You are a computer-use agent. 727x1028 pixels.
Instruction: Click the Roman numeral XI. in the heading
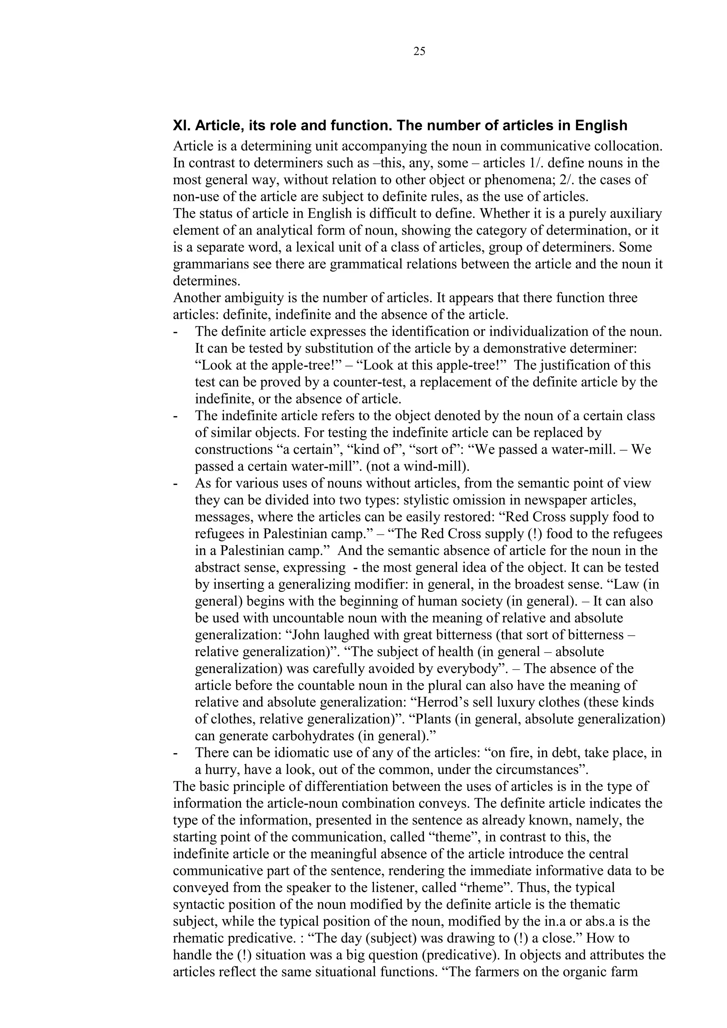click(x=182, y=126)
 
